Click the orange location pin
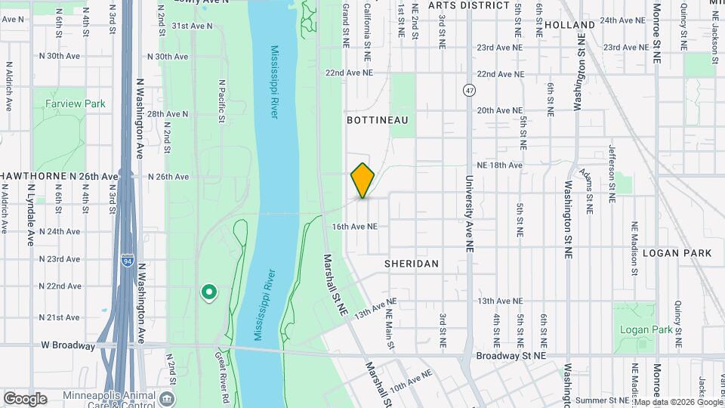click(362, 181)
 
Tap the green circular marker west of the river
click(208, 292)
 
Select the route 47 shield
click(469, 90)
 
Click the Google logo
click(25, 398)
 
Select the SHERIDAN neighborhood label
click(411, 264)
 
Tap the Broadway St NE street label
click(511, 355)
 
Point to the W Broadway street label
click(69, 345)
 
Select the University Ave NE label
click(469, 213)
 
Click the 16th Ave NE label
click(354, 226)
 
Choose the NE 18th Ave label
click(499, 165)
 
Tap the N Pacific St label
click(221, 101)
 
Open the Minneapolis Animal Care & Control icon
click(168, 397)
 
